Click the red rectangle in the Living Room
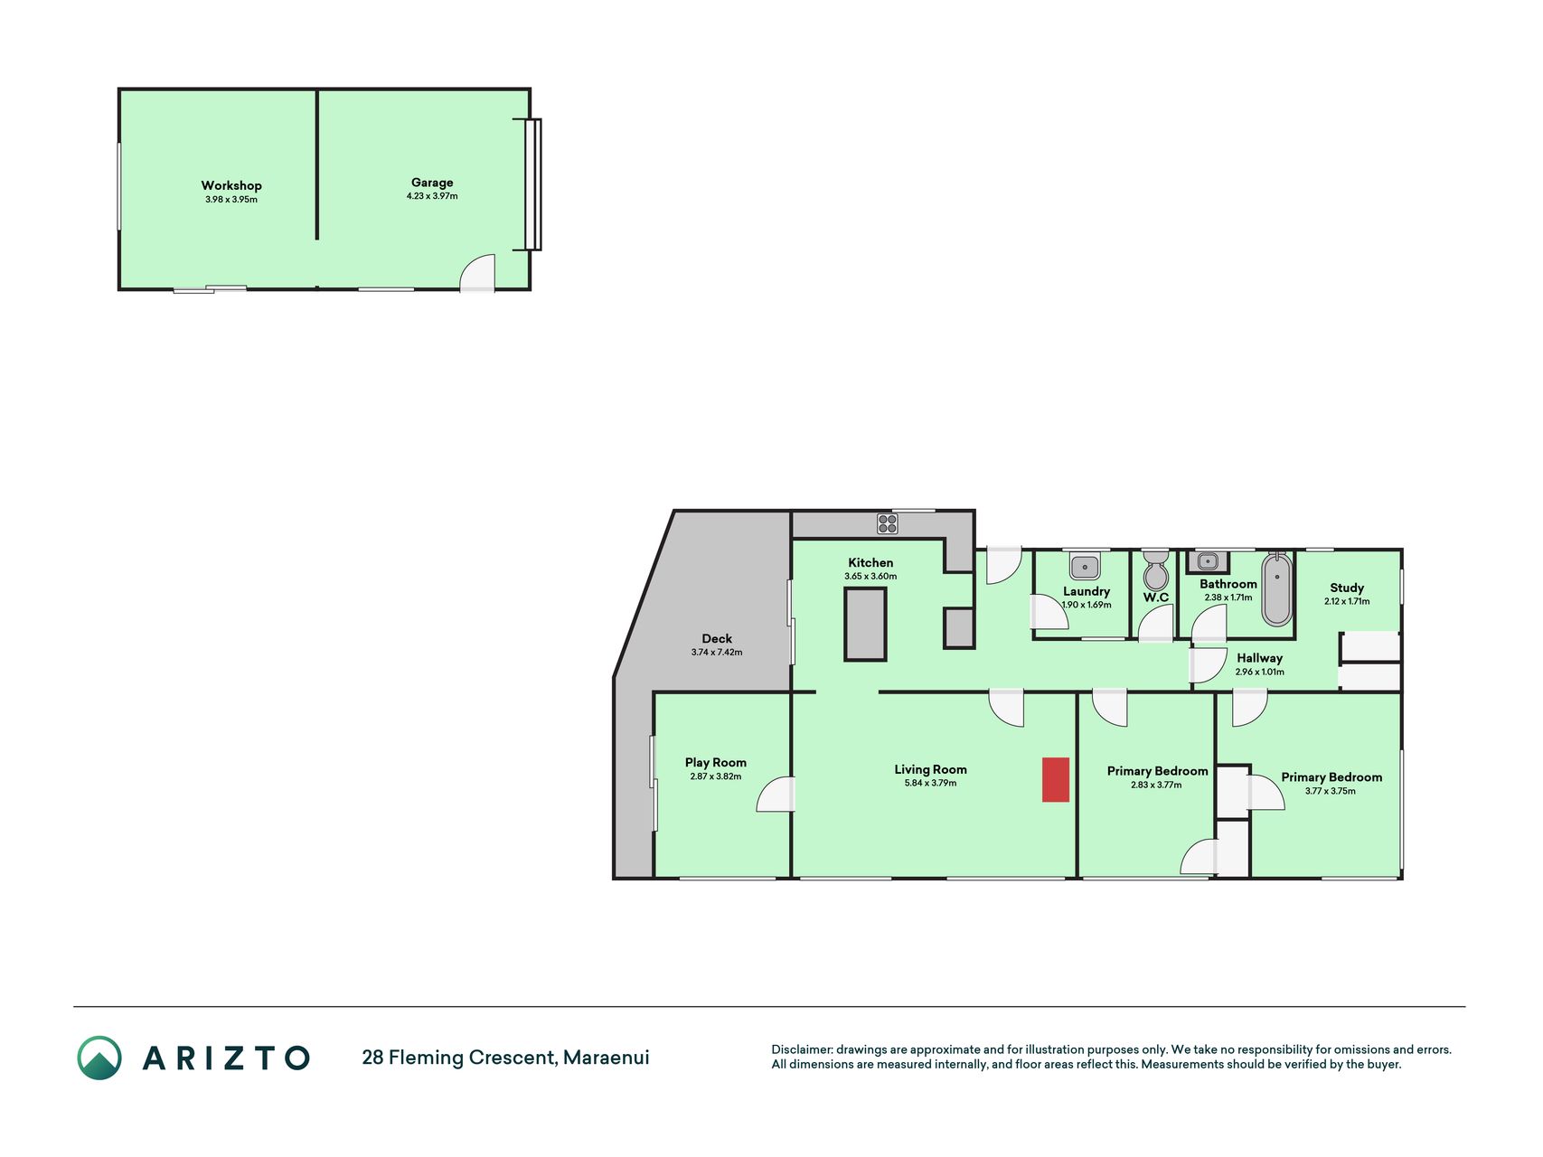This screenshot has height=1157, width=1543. pos(1055,779)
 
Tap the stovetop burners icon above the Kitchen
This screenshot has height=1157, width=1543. pos(888,523)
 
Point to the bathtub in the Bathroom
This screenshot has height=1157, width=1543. pos(1276,588)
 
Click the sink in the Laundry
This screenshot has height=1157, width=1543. pos(1085,567)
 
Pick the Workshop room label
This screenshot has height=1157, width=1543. pos(231,185)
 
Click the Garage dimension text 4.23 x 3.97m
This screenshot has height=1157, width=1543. pos(432,196)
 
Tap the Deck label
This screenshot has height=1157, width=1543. pos(717,638)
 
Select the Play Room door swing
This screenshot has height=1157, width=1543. pos(776,795)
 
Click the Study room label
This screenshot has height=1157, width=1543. pos(1347,588)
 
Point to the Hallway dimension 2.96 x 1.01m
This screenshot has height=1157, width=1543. pos(1260,672)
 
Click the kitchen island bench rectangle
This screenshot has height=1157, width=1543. pos(865,624)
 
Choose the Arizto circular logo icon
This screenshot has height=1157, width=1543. pos(99,1058)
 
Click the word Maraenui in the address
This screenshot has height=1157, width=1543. pos(607,1058)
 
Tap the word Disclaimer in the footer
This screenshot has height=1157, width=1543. pos(801,1049)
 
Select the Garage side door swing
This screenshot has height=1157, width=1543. pos(477,273)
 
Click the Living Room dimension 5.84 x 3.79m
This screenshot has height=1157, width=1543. pos(930,783)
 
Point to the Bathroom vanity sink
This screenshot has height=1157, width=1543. pos(1208,562)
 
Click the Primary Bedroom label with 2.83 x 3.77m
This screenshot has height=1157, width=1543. pos(1158,771)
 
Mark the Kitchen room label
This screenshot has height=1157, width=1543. pos(870,562)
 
